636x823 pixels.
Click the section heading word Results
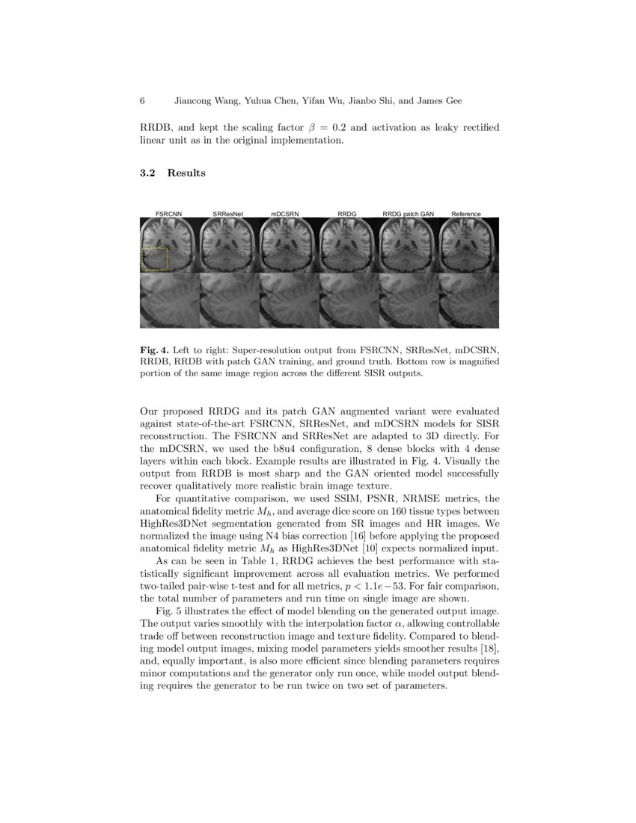click(x=186, y=173)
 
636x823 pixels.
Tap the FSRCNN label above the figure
click(x=168, y=214)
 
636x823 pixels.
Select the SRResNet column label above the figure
click(x=227, y=214)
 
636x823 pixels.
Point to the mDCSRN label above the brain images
click(x=285, y=214)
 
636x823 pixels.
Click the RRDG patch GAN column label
click(x=408, y=214)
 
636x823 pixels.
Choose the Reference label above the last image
click(x=466, y=214)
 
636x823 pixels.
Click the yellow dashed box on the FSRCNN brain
click(x=155, y=259)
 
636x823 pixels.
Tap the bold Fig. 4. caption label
click(x=154, y=350)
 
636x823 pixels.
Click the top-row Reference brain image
click(x=469, y=245)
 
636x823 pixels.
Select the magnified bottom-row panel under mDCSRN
click(x=289, y=300)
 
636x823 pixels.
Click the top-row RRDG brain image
click(x=349, y=245)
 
